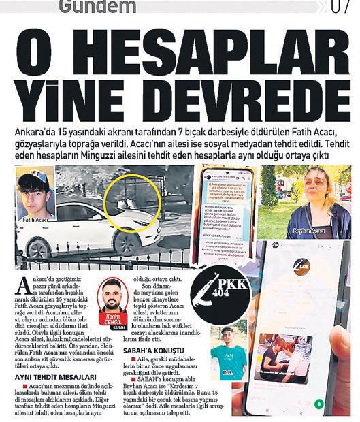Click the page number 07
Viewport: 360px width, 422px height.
pos(340,7)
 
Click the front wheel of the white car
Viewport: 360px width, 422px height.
pos(128,241)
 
